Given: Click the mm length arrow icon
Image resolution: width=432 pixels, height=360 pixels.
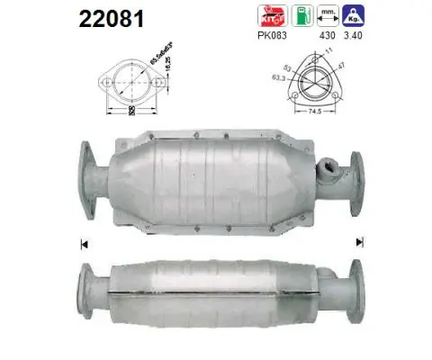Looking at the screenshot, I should coord(331,15).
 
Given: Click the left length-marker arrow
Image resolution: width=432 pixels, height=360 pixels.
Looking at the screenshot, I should coord(83,242).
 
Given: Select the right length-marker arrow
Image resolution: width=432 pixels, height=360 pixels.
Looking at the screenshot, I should coord(360,241).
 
